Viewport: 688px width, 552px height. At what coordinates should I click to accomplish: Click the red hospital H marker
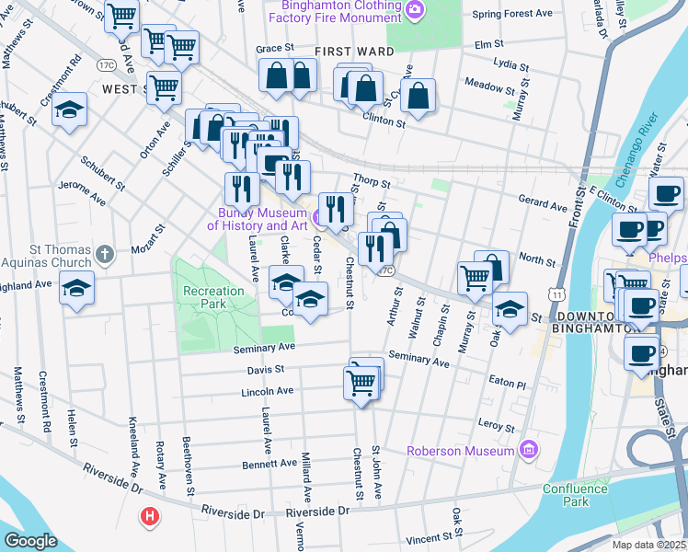pyautogui.click(x=149, y=517)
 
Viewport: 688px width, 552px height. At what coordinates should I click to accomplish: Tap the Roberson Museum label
pyautogui.click(x=461, y=451)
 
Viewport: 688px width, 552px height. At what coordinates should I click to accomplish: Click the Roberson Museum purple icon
pyautogui.click(x=528, y=450)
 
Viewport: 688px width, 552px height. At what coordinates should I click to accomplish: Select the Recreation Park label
pyautogui.click(x=213, y=297)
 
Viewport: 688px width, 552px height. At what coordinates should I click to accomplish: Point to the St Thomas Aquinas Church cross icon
pyautogui.click(x=106, y=254)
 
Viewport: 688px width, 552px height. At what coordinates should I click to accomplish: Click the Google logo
pyautogui.click(x=30, y=541)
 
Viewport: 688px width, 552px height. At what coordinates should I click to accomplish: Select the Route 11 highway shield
pyautogui.click(x=558, y=293)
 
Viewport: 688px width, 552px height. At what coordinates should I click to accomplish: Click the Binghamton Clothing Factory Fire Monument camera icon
pyautogui.click(x=416, y=9)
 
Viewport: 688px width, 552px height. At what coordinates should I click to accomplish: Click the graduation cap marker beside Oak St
pyautogui.click(x=510, y=308)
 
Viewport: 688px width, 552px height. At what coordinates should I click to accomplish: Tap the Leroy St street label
pyautogui.click(x=496, y=426)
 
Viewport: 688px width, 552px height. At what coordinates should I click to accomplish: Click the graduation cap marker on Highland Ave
pyautogui.click(x=76, y=290)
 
